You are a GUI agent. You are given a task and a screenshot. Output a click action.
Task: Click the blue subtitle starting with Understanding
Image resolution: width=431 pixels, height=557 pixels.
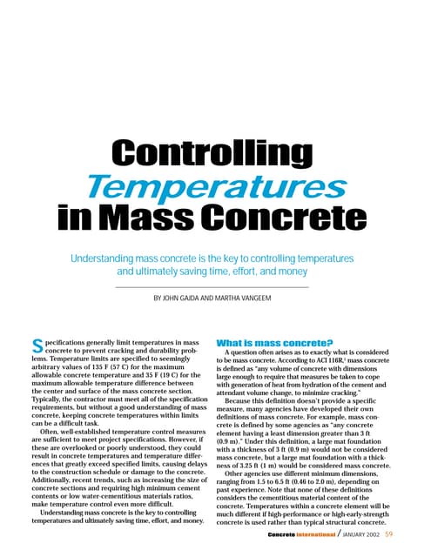[x=215, y=265]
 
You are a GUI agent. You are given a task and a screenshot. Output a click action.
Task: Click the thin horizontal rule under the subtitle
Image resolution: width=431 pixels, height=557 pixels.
[x=215, y=286]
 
